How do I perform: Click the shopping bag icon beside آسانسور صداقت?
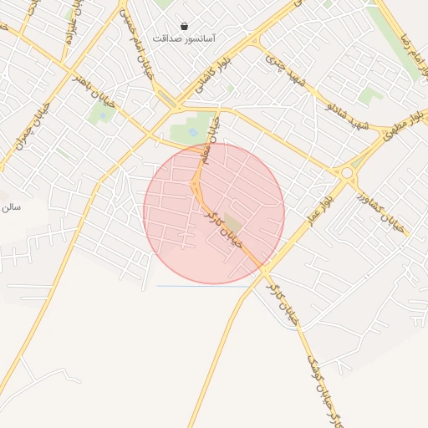(x=183, y=27)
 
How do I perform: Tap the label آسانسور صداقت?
(x=185, y=38)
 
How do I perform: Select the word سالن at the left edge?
(x=10, y=206)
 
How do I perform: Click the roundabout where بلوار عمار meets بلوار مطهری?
(x=346, y=173)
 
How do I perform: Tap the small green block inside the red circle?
(x=232, y=224)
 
